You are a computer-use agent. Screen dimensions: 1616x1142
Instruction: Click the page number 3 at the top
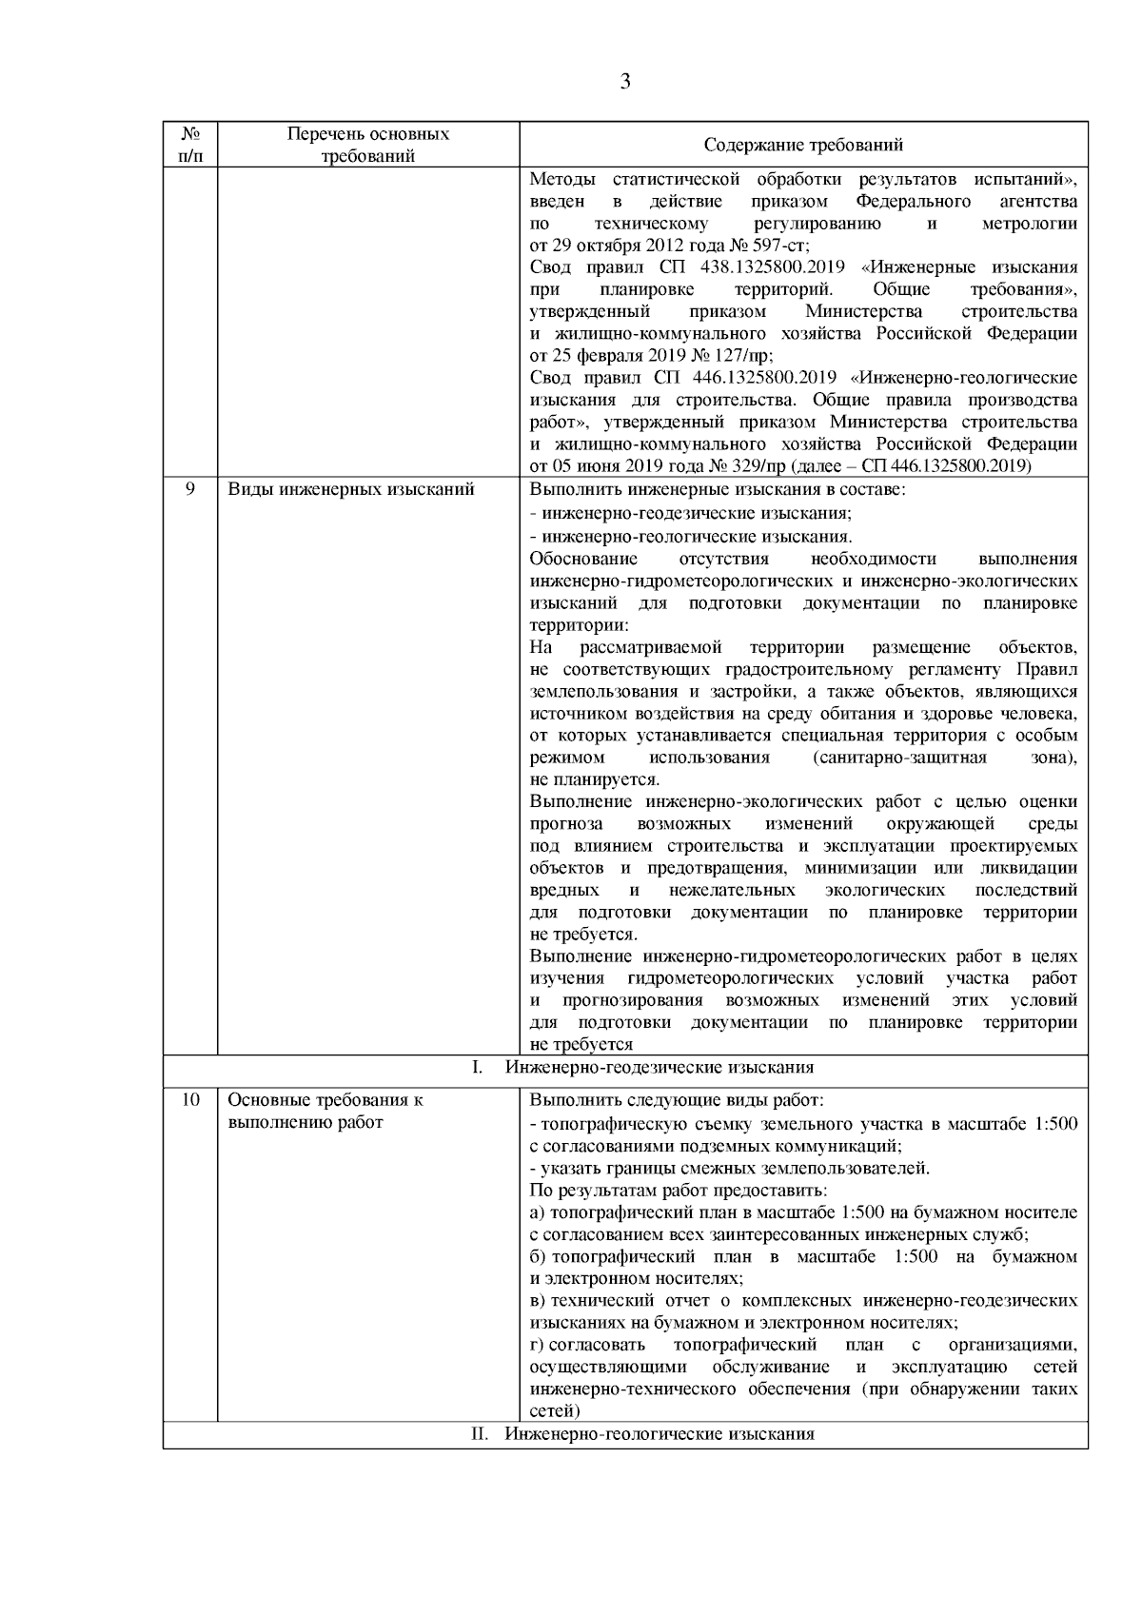(x=625, y=82)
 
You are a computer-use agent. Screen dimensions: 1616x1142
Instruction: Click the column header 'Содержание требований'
(x=803, y=146)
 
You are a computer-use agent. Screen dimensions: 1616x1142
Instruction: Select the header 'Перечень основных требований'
(x=368, y=146)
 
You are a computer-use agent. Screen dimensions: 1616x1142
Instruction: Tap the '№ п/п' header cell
(x=189, y=146)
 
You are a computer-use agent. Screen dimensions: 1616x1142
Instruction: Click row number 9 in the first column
(x=189, y=489)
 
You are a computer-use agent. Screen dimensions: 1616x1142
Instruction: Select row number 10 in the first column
(x=189, y=1100)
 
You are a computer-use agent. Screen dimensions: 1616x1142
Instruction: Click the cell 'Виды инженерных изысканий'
(x=351, y=489)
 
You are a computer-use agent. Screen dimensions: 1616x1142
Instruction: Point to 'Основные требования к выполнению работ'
(x=325, y=1111)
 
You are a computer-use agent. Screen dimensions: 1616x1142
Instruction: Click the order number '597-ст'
(x=783, y=246)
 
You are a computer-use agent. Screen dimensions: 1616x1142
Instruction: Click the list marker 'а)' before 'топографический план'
(x=538, y=1213)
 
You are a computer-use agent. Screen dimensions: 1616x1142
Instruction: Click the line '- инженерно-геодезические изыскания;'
(x=690, y=512)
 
